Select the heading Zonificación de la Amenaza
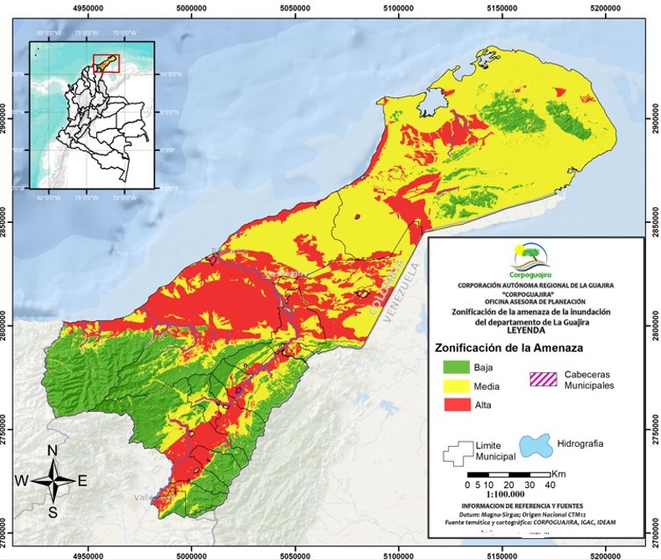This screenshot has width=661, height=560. pyautogui.click(x=507, y=347)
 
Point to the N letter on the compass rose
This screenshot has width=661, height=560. pyautogui.click(x=52, y=451)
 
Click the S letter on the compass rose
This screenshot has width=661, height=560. pyautogui.click(x=52, y=512)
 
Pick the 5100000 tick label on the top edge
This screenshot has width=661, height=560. pyautogui.click(x=398, y=7)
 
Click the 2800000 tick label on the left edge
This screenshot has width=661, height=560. pyautogui.click(x=7, y=324)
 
